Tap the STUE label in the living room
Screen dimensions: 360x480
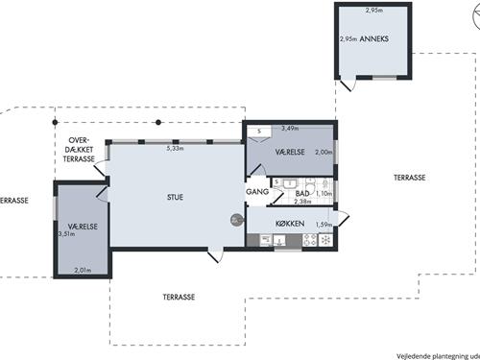pyautogui.click(x=174, y=198)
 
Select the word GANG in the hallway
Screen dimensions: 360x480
pyautogui.click(x=256, y=192)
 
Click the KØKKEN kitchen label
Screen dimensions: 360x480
pyautogui.click(x=290, y=224)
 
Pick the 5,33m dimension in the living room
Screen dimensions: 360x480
pyautogui.click(x=175, y=149)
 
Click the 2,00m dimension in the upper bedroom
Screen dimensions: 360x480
pyautogui.click(x=324, y=152)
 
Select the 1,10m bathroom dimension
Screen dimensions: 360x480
pyautogui.click(x=324, y=193)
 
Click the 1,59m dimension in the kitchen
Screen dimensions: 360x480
pyautogui.click(x=324, y=225)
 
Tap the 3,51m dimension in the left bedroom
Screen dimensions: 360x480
pyautogui.click(x=65, y=233)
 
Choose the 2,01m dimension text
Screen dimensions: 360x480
pyautogui.click(x=83, y=271)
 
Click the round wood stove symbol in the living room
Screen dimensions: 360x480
pyautogui.click(x=236, y=220)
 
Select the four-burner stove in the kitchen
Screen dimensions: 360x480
pyautogui.click(x=310, y=241)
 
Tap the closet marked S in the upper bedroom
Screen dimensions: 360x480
pyautogui.click(x=258, y=132)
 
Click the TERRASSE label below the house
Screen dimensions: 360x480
pyautogui.click(x=179, y=298)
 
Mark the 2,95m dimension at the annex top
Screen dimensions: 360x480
pyautogui.click(x=373, y=11)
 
